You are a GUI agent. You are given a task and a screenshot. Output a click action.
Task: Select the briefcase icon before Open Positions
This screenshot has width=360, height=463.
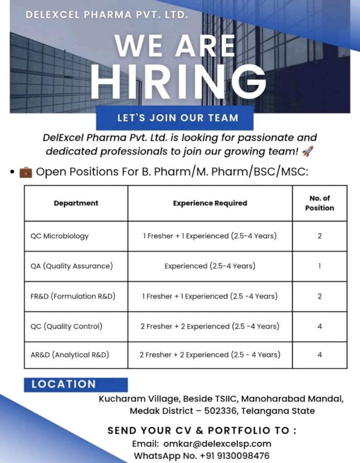coord(26,172)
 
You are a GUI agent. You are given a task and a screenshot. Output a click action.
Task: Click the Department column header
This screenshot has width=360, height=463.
coord(76,203)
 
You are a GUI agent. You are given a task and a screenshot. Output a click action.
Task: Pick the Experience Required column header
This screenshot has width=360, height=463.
coord(210,203)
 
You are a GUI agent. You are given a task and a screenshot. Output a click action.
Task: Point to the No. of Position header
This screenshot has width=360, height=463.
coord(319,203)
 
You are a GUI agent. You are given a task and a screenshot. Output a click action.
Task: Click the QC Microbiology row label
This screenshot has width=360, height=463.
coord(60,236)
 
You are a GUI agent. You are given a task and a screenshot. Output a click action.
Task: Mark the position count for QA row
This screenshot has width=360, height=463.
coord(319,266)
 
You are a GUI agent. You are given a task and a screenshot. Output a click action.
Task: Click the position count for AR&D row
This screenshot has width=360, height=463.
coord(319,355)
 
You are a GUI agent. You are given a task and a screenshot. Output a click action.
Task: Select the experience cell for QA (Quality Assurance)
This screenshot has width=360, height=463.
coord(210,266)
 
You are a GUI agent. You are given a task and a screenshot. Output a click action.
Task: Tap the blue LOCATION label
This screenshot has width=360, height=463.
coord(64,384)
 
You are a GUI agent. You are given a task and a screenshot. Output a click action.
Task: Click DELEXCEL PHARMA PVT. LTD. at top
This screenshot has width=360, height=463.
coord(107,14)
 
